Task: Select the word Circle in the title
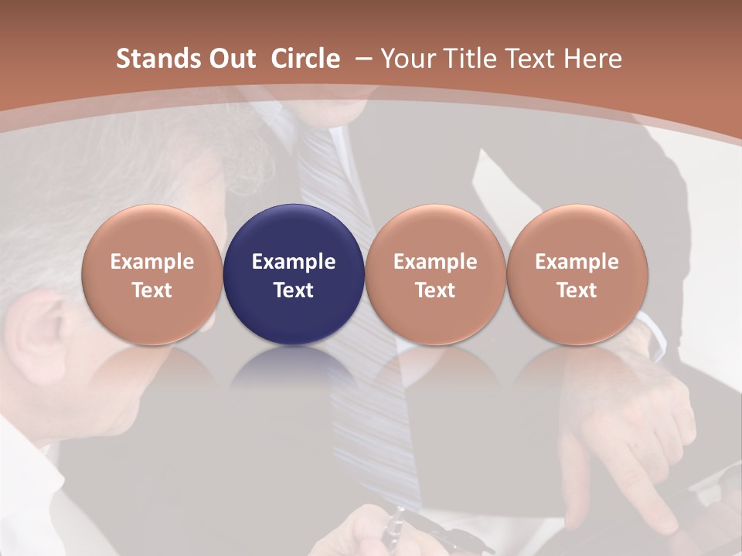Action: click(x=305, y=59)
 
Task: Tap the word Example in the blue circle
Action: click(x=294, y=262)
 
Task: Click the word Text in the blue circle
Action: click(x=294, y=290)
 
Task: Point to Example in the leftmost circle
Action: click(x=151, y=262)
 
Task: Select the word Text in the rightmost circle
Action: click(x=577, y=290)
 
